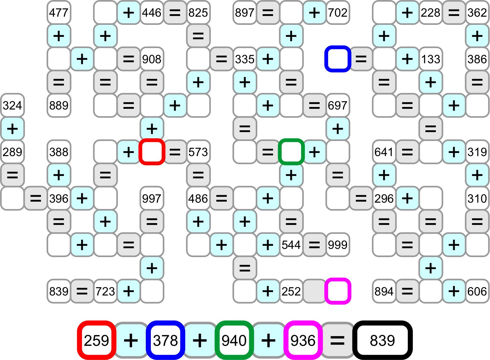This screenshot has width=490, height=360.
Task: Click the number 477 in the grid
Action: [59, 13]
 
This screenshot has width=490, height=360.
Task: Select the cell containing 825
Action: [198, 13]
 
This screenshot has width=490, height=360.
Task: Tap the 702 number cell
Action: [338, 13]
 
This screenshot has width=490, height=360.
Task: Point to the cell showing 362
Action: [477, 13]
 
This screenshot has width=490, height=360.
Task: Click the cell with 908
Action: [151, 59]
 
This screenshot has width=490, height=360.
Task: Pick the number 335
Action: [245, 59]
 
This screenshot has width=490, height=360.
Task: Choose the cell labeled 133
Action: [430, 59]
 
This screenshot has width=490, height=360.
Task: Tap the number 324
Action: [12, 105]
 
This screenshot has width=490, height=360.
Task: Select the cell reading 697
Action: [338, 105]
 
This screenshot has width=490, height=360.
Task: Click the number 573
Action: [198, 152]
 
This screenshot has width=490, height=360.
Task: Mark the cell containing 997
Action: [151, 198]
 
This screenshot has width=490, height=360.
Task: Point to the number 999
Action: [338, 245]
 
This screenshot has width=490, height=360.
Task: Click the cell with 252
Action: [291, 291]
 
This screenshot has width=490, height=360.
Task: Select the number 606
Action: [477, 291]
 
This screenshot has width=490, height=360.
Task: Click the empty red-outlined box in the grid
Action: [152, 152]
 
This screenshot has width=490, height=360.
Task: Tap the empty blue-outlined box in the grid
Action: [338, 59]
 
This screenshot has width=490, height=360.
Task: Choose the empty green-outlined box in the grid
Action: [291, 152]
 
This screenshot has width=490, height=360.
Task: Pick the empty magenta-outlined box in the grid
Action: [338, 291]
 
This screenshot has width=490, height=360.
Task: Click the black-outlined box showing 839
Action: [382, 340]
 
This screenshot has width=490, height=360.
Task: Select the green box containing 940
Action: [234, 340]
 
